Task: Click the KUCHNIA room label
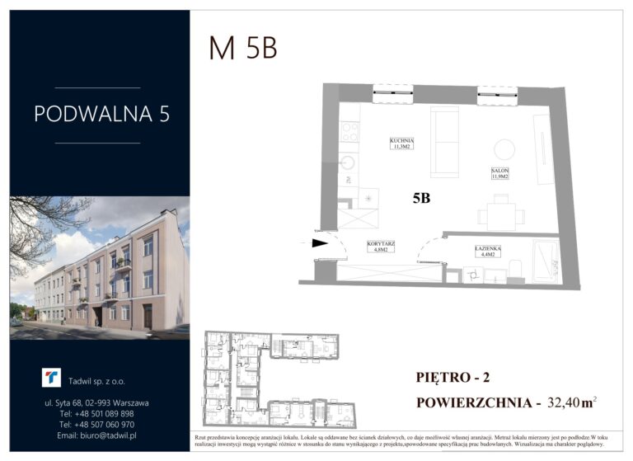pyautogui.click(x=401, y=144)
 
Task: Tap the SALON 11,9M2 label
pyautogui.click(x=499, y=173)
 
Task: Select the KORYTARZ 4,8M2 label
pyautogui.click(x=380, y=246)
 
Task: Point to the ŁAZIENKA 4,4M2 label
pyautogui.click(x=489, y=251)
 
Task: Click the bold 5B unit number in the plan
pyautogui.click(x=421, y=198)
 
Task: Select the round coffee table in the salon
pyautogui.click(x=504, y=149)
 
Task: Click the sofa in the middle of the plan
pyautogui.click(x=445, y=142)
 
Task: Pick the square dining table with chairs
pyautogui.click(x=501, y=216)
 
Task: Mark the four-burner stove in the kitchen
pyautogui.click(x=349, y=132)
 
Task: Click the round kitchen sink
pyautogui.click(x=349, y=162)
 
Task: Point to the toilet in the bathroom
pyautogui.click(x=513, y=270)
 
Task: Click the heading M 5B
pyautogui.click(x=242, y=49)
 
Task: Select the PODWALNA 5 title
pyautogui.click(x=101, y=115)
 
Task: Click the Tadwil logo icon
pyautogui.click(x=51, y=377)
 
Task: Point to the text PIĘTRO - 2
pyautogui.click(x=453, y=379)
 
